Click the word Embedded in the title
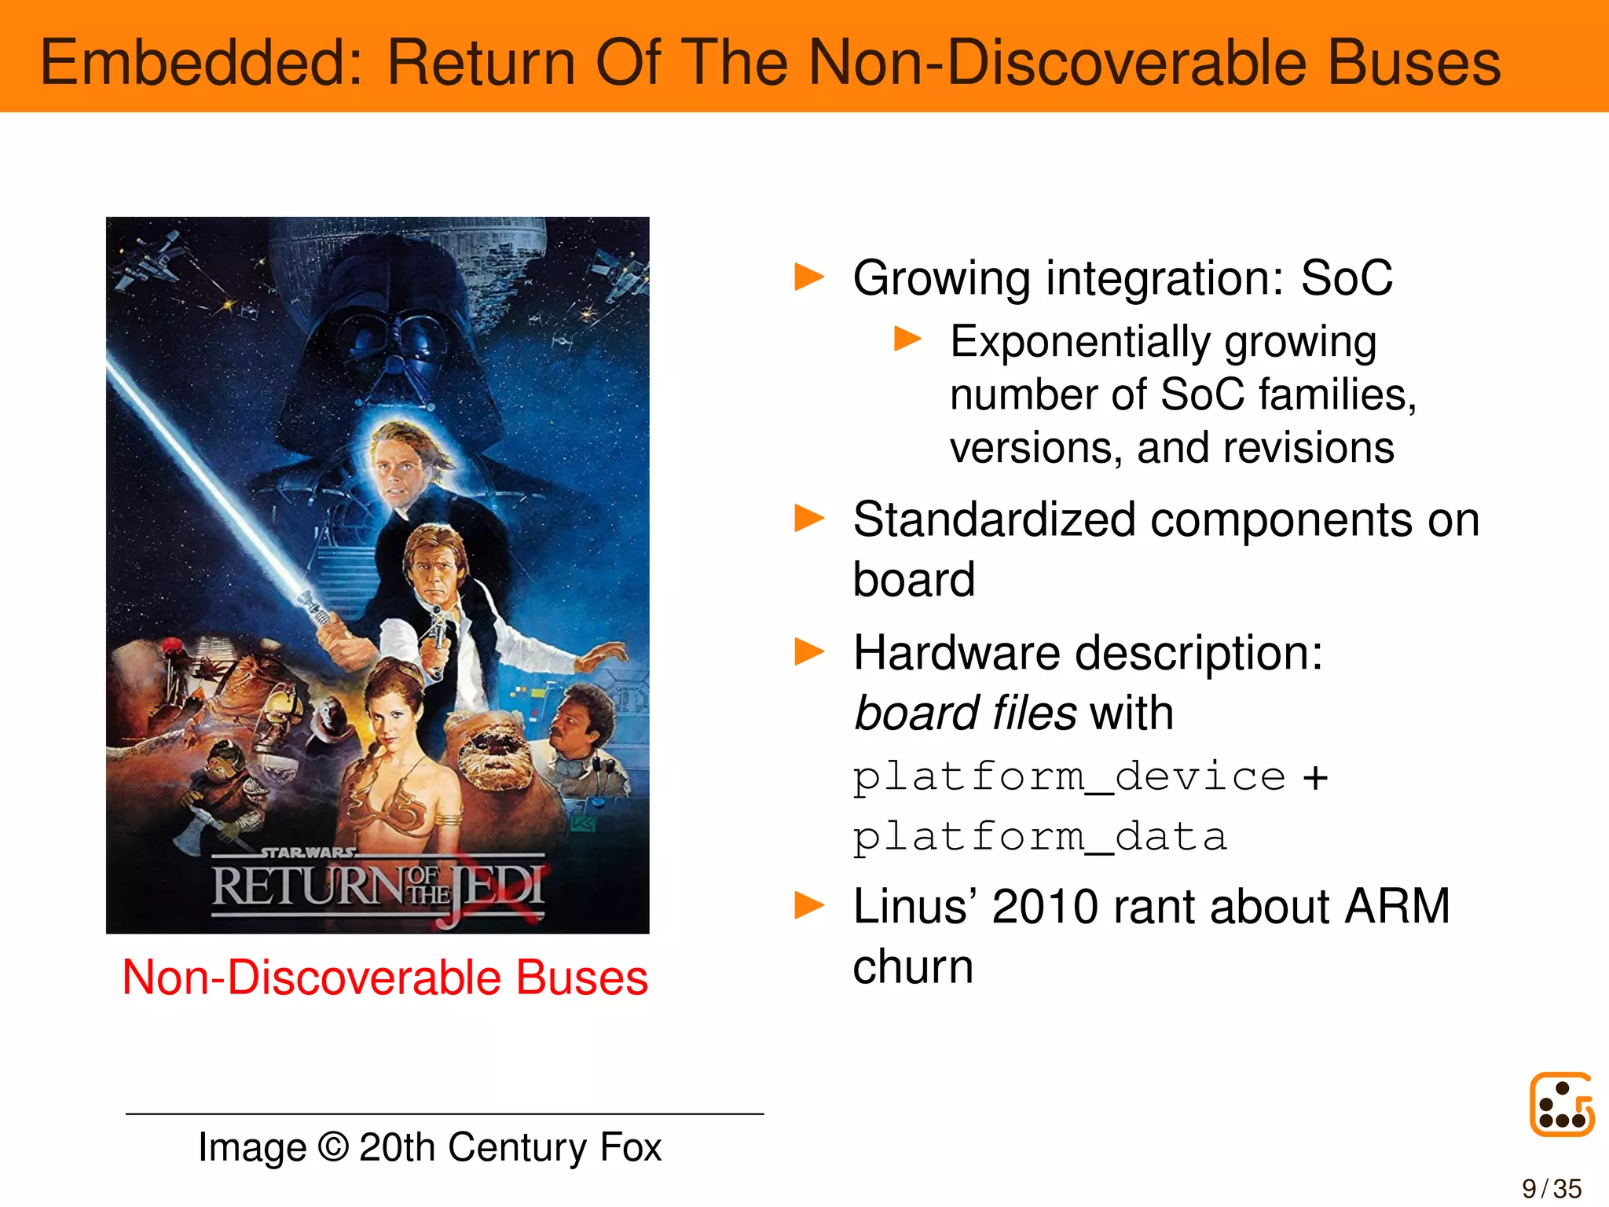point(201,63)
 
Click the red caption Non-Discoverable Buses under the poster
point(385,978)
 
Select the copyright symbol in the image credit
point(333,1147)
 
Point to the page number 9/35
point(1552,1188)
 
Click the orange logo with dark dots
point(1562,1104)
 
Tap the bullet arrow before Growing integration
point(809,277)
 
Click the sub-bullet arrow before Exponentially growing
point(907,339)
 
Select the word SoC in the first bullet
point(1347,278)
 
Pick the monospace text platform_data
point(1039,836)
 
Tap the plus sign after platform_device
point(1315,778)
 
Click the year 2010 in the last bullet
point(1045,906)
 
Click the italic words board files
point(966,713)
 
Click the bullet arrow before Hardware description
point(809,651)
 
